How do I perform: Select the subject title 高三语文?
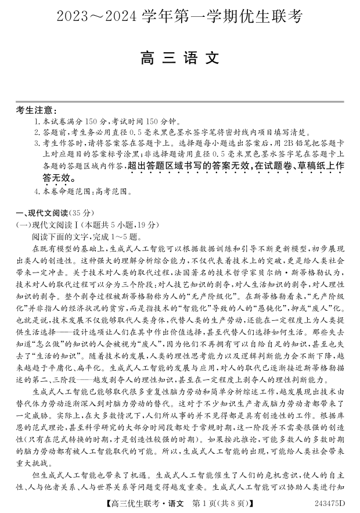(x=180, y=59)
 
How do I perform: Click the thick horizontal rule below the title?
(x=180, y=102)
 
